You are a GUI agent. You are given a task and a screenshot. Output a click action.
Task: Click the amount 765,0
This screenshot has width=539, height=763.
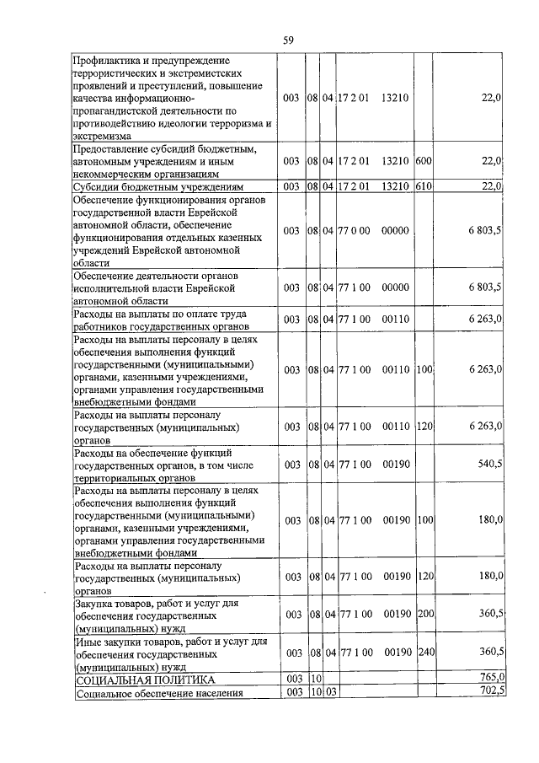pos(490,678)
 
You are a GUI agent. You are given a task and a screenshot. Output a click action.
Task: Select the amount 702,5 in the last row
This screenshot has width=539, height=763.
pos(490,692)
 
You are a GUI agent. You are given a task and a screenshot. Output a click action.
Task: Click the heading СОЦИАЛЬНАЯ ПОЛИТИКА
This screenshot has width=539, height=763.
pos(146,680)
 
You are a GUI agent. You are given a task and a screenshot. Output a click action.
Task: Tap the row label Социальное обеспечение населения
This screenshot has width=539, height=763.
pos(159,694)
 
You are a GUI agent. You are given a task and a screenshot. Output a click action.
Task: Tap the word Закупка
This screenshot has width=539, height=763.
pos(95,603)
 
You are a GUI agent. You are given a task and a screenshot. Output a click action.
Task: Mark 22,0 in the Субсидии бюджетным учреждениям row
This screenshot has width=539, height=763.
pos(492,186)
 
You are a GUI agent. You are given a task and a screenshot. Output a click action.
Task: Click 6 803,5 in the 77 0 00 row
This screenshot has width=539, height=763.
pos(486,230)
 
